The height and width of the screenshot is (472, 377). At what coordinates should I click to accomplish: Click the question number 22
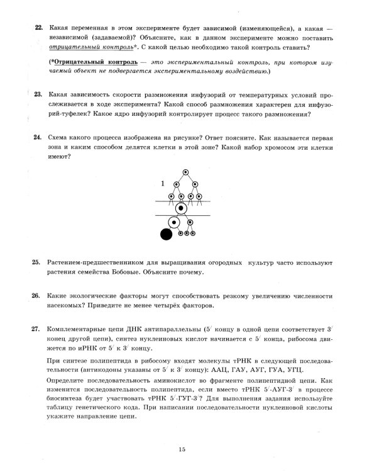(x=37, y=28)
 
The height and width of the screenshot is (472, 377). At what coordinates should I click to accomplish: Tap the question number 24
(x=37, y=136)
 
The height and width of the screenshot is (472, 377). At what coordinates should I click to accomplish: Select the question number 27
(x=37, y=329)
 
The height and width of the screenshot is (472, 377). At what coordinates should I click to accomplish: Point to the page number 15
(x=182, y=449)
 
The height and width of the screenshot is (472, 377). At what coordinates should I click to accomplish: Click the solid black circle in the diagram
(x=167, y=235)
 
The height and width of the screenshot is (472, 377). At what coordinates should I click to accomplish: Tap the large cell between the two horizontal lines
(x=182, y=208)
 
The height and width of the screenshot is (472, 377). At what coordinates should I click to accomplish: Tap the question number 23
(x=37, y=94)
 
